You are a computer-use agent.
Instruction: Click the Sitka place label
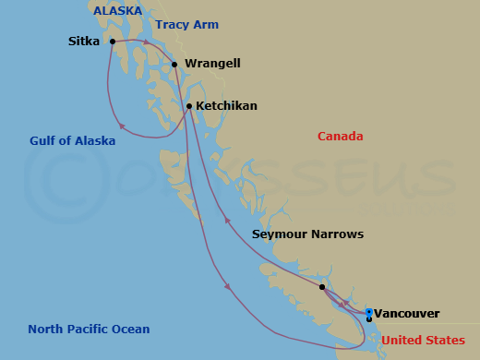(85, 42)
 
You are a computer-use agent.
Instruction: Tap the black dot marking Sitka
(112, 42)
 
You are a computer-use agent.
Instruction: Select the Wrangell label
(212, 64)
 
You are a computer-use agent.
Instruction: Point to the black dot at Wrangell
(174, 64)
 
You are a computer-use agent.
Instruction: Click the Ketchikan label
(226, 106)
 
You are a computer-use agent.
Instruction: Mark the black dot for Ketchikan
(189, 106)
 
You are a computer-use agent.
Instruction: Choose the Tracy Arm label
(186, 25)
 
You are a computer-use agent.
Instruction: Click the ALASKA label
(117, 11)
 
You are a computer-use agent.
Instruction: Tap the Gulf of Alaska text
(72, 141)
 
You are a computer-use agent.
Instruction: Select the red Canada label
(341, 137)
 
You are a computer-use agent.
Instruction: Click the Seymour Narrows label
(307, 234)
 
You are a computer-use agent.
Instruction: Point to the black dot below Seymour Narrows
(321, 287)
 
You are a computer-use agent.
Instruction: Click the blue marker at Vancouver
(368, 313)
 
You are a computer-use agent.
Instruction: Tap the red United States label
(423, 341)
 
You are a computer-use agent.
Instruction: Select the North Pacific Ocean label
(89, 330)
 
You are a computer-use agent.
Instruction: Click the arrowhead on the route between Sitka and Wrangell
(146, 42)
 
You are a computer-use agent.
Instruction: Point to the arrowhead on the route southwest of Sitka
(119, 126)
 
